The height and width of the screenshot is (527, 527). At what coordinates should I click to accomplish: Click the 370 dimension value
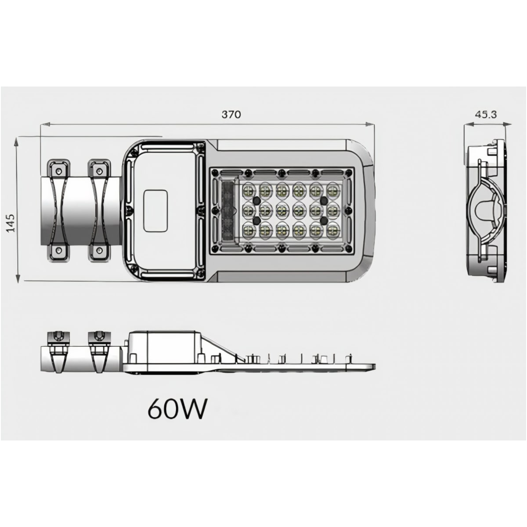click(x=231, y=114)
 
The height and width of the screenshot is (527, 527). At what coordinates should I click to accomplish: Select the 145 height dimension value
click(x=11, y=223)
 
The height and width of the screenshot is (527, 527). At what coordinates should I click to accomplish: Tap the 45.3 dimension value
click(x=485, y=114)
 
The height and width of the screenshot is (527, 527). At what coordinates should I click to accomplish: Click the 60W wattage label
click(x=177, y=412)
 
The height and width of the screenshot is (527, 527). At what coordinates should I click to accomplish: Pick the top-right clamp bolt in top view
click(x=99, y=171)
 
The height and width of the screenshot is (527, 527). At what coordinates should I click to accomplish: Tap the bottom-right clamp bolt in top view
click(x=99, y=250)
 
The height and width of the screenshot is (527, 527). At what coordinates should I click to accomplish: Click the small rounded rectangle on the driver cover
click(x=155, y=211)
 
